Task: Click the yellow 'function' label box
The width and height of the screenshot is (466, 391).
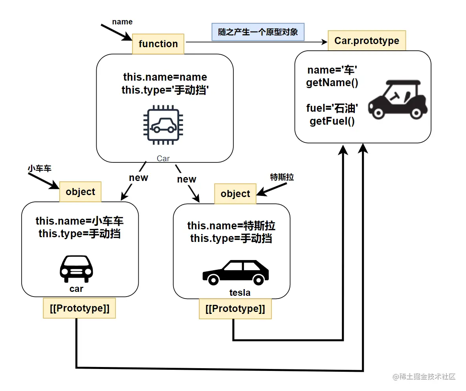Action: [x=158, y=44]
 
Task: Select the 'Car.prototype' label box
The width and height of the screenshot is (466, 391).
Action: [x=367, y=41]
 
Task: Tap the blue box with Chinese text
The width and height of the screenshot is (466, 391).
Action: [x=258, y=31]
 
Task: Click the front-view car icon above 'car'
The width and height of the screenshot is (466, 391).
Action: [x=77, y=269]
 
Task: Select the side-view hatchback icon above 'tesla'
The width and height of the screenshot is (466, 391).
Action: [x=236, y=272]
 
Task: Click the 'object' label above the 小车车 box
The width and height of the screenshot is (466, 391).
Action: [x=81, y=192]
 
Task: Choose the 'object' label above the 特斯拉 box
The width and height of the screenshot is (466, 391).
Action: [x=235, y=194]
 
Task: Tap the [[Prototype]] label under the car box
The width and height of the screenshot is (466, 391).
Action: [x=79, y=308]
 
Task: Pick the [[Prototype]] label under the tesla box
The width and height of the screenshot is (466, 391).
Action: [x=235, y=309]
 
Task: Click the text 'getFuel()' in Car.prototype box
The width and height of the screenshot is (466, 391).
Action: [x=332, y=121]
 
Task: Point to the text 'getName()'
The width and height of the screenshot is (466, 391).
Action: [x=332, y=83]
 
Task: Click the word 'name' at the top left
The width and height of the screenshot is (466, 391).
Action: [x=122, y=22]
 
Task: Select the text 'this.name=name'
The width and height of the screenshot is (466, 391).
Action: [x=165, y=76]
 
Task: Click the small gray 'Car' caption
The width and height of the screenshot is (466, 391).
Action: [x=163, y=159]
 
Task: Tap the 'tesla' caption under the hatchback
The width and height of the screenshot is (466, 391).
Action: [x=240, y=293]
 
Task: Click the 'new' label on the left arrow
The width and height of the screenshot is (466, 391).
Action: [x=138, y=177]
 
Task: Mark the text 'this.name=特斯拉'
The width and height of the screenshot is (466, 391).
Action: [x=231, y=226]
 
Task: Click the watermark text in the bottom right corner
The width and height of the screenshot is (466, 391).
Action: [x=424, y=376]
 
